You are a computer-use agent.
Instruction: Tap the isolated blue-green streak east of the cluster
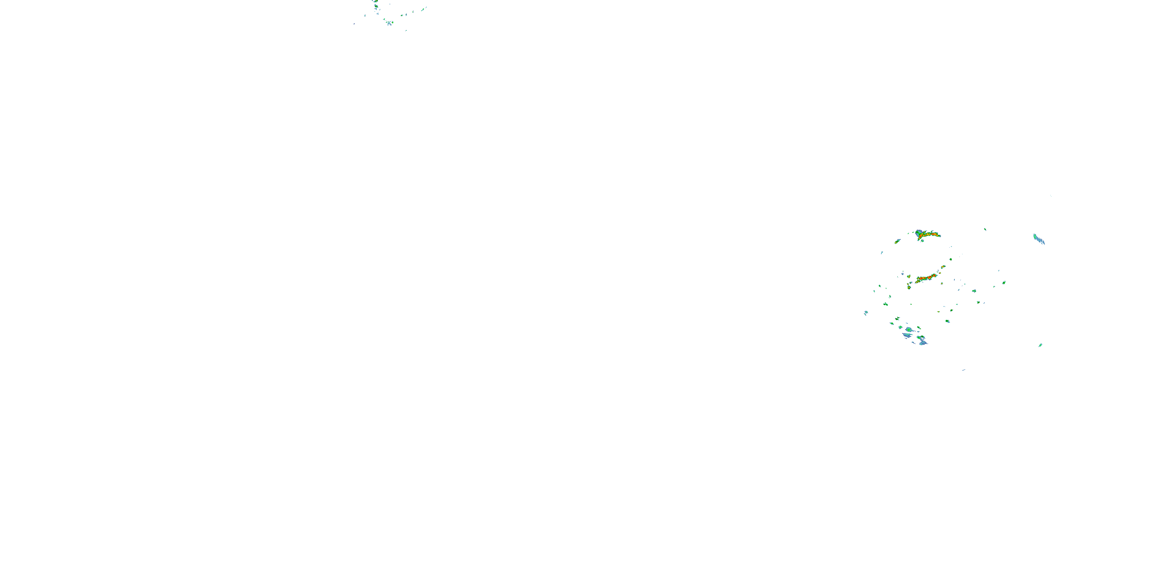click(1039, 239)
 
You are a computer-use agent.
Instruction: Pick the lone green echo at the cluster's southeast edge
click(1040, 345)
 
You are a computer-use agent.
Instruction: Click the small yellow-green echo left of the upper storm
click(897, 241)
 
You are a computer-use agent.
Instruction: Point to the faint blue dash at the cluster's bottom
click(963, 370)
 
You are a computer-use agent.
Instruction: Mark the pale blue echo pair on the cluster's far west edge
click(866, 312)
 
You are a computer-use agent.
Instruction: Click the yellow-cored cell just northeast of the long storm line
click(943, 267)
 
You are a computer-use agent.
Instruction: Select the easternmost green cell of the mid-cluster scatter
click(1004, 282)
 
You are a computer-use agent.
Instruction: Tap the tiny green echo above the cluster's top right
click(985, 229)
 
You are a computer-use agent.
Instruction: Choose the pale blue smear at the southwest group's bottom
click(923, 343)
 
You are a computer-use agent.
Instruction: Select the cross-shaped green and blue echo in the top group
click(390, 23)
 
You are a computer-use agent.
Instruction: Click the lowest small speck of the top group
click(406, 30)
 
